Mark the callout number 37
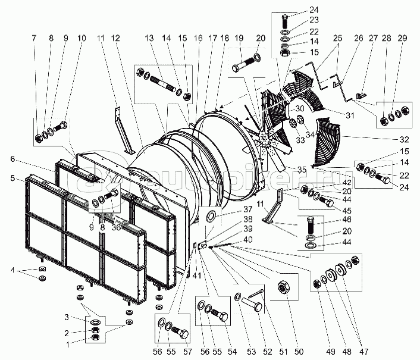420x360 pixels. [230, 209]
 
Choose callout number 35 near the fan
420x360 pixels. [303, 170]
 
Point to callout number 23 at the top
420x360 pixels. [314, 20]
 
